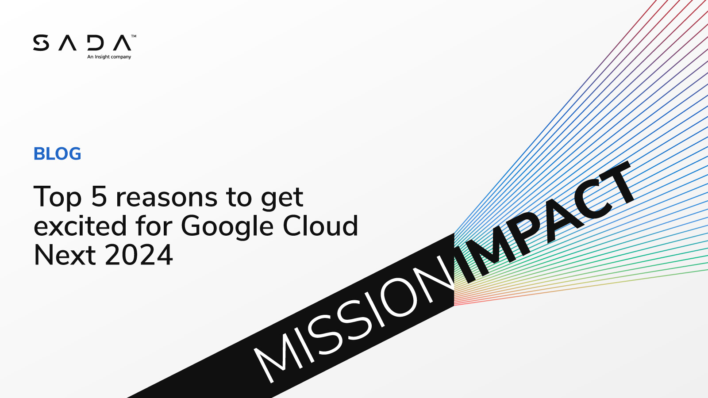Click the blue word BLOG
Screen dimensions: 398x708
click(x=58, y=154)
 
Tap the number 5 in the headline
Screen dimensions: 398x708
click(x=99, y=197)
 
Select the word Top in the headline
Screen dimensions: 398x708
click(x=58, y=198)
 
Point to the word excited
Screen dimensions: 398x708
click(x=80, y=226)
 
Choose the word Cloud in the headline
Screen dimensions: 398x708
click(x=320, y=226)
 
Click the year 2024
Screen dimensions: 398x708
click(x=139, y=256)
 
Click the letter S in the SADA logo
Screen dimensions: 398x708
click(x=41, y=43)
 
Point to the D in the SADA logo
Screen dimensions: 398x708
click(x=95, y=43)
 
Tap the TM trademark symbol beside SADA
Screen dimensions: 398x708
click(x=134, y=36)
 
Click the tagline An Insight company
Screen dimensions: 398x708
click(x=109, y=57)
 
